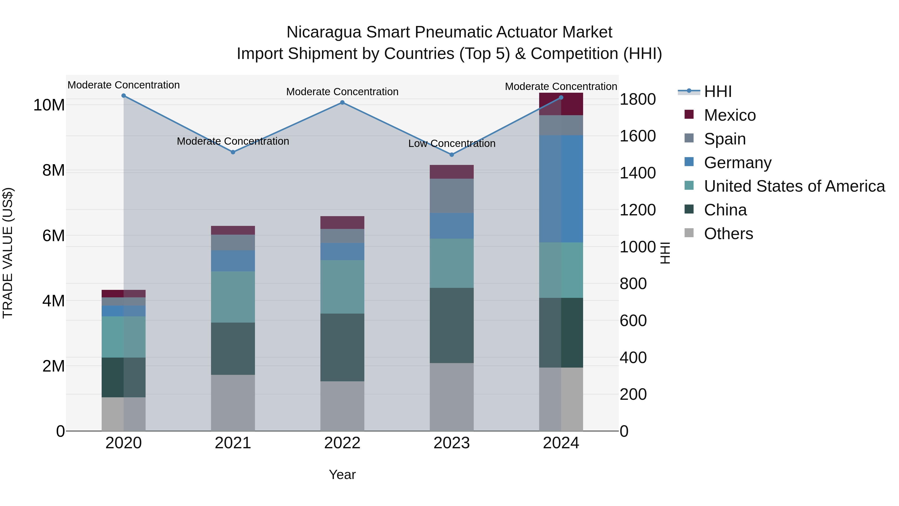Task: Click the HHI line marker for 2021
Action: point(233,152)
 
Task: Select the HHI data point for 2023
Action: point(451,154)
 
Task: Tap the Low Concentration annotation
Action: point(451,143)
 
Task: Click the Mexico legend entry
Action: point(730,115)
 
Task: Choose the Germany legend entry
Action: point(737,163)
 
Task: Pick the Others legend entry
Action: point(728,234)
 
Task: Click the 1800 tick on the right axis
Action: point(638,99)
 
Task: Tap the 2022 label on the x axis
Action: point(342,443)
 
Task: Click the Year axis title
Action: point(342,475)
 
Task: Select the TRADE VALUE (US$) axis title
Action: point(8,253)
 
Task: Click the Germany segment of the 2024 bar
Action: point(561,189)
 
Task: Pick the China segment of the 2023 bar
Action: point(451,325)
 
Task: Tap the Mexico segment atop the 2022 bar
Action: point(342,222)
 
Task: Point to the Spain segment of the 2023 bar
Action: point(451,196)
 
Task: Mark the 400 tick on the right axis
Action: point(633,357)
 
